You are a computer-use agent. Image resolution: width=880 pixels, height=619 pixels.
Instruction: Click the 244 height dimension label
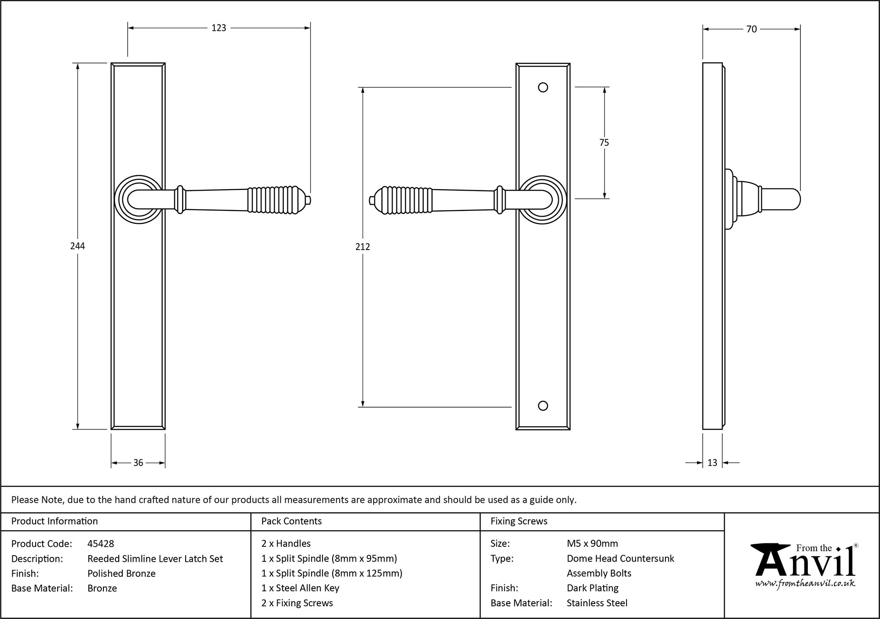click(x=77, y=246)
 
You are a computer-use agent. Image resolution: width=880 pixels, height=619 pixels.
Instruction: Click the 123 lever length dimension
click(x=219, y=28)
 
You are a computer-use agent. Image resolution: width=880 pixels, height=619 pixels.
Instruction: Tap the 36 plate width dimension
click(x=138, y=463)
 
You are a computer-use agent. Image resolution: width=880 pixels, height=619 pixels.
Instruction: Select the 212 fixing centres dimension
click(x=363, y=247)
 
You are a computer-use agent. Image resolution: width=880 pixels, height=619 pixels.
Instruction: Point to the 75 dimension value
click(x=604, y=143)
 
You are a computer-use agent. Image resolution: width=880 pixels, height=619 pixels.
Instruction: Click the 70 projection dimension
click(x=752, y=29)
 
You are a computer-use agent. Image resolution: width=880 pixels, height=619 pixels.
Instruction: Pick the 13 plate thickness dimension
click(x=712, y=463)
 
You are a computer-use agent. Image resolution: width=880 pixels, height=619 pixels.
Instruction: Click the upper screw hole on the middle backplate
click(x=543, y=88)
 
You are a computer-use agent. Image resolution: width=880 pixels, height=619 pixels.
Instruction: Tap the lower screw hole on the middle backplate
click(x=543, y=406)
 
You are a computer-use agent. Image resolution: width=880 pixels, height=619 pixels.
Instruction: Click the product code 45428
click(x=101, y=544)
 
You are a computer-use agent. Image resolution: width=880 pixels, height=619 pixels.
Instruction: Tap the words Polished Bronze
click(x=121, y=573)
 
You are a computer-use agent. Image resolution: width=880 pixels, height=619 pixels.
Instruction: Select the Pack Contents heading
click(x=291, y=521)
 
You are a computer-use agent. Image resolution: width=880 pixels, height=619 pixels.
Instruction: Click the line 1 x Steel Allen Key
click(x=300, y=588)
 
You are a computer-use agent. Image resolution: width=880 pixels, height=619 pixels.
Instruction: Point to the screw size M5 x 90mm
click(x=592, y=544)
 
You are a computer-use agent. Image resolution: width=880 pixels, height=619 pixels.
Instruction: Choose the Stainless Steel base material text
click(x=597, y=603)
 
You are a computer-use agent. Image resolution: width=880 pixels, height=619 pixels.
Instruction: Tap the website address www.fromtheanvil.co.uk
click(x=805, y=584)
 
